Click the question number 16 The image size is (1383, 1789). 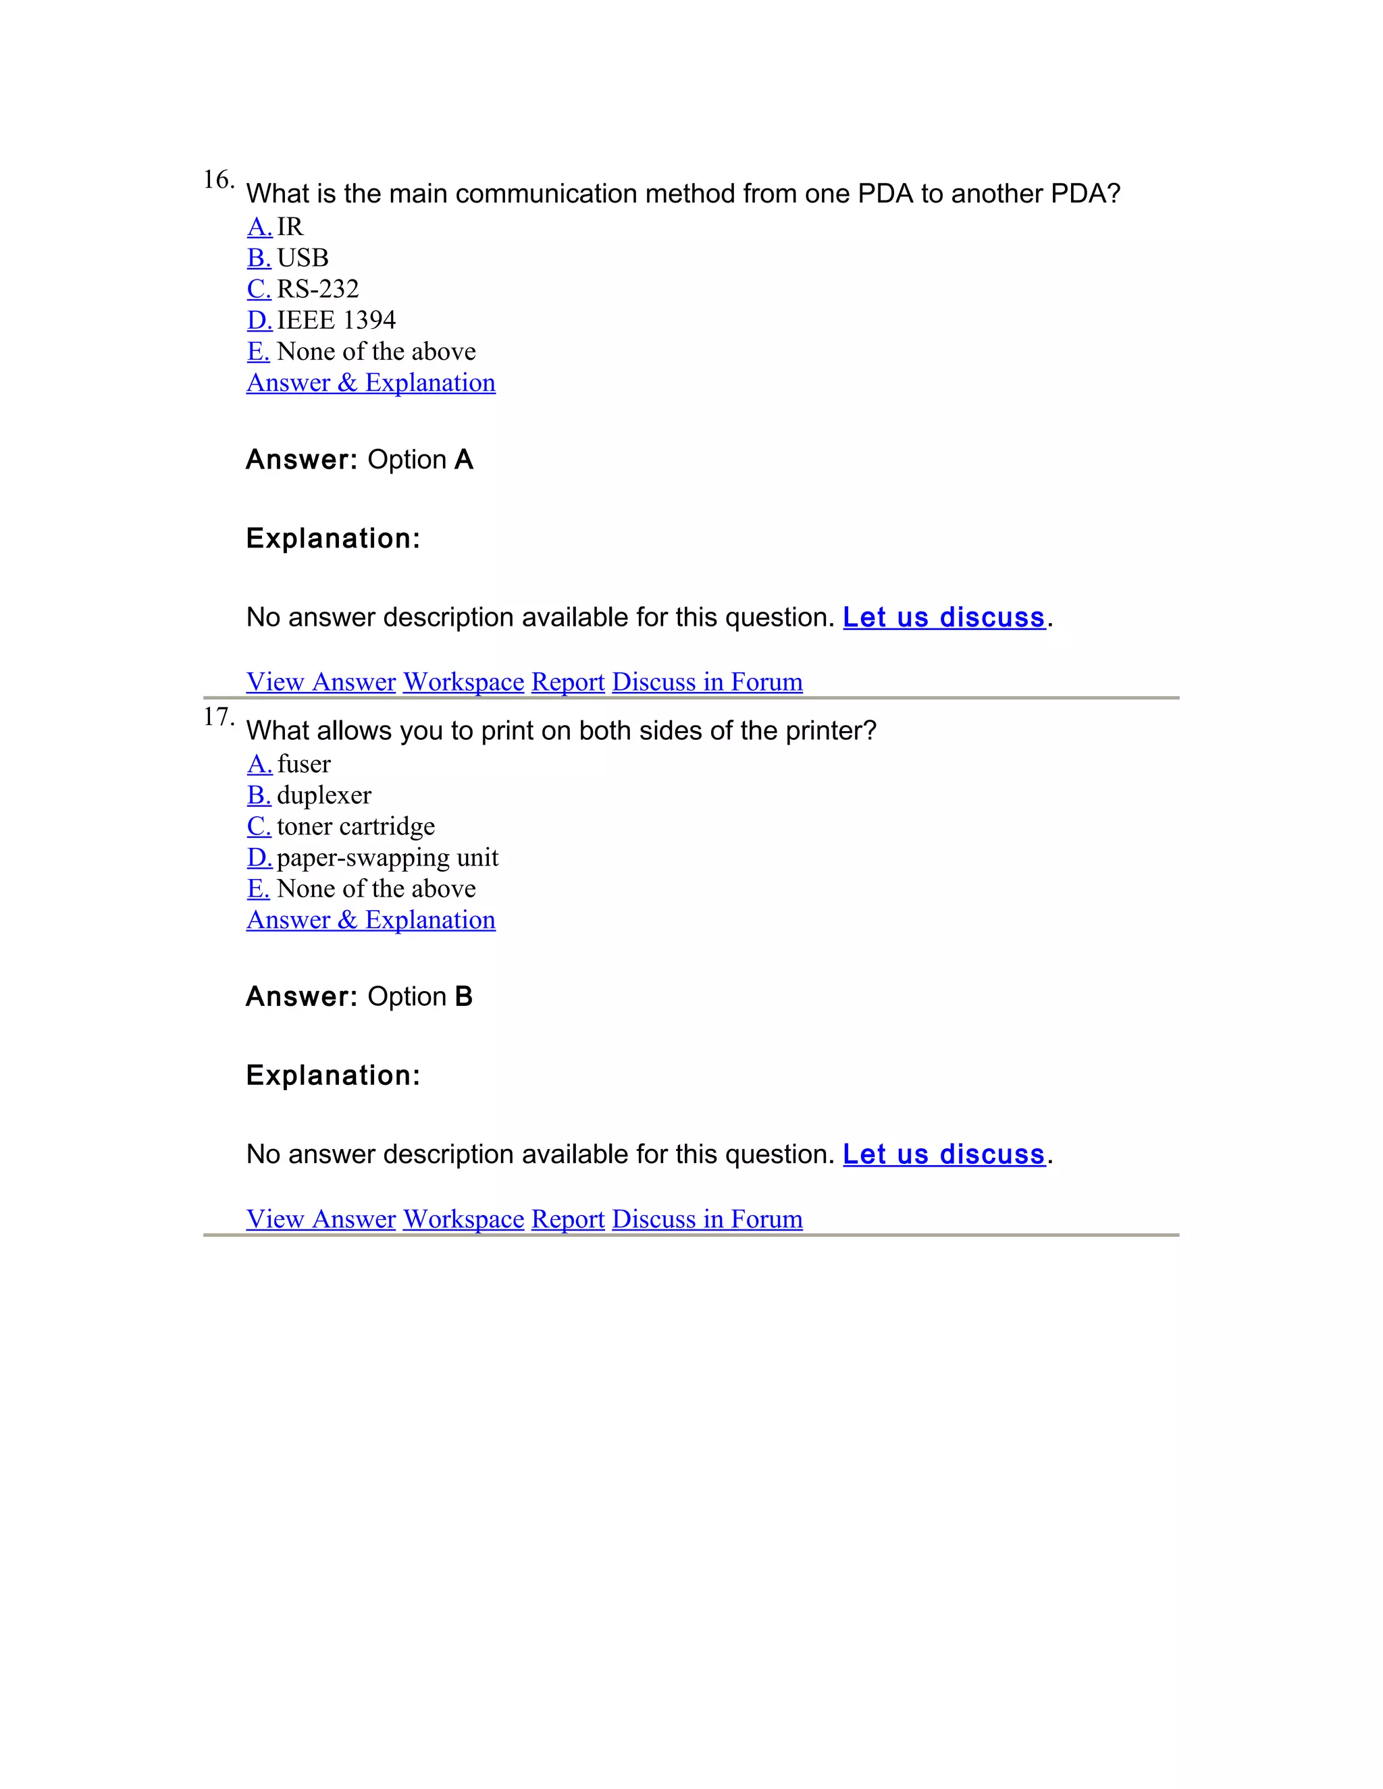pyautogui.click(x=218, y=180)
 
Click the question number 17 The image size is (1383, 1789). pyautogui.click(x=218, y=717)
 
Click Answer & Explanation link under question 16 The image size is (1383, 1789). pyautogui.click(x=370, y=383)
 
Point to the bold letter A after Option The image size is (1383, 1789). pyautogui.click(x=464, y=460)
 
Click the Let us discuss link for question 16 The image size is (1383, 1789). pyautogui.click(x=944, y=617)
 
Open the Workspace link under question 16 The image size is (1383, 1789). pyautogui.click(x=463, y=682)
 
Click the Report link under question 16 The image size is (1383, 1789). pyautogui.click(x=568, y=682)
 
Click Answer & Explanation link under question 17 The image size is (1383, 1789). pyautogui.click(x=370, y=920)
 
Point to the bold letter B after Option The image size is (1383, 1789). pyautogui.click(x=464, y=997)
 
